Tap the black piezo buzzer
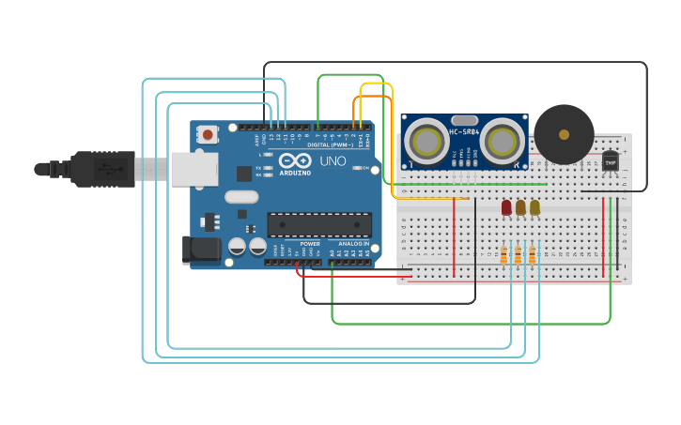564,134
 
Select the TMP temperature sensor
611,162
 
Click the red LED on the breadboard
506,206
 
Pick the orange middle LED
520,206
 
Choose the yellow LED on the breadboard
534,206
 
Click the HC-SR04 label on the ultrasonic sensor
464,131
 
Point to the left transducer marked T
426,142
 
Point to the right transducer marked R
503,142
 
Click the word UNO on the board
333,161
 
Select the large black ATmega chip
319,224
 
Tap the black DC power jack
201,249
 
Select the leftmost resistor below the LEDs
503,255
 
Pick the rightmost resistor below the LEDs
532,255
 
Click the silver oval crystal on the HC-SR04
464,120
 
